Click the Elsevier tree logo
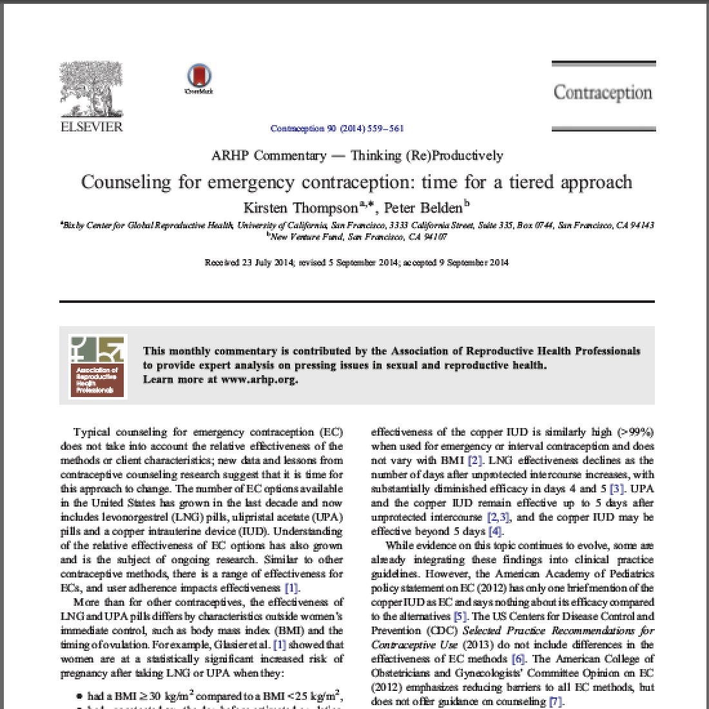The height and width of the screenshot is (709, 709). click(x=91, y=88)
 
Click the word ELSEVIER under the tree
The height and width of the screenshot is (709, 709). click(x=91, y=126)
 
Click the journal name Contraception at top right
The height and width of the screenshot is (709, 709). click(x=603, y=93)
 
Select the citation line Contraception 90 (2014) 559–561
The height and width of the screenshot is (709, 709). click(x=337, y=129)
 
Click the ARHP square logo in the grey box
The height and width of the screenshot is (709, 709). click(x=97, y=366)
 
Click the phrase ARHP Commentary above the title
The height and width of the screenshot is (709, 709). click(x=269, y=155)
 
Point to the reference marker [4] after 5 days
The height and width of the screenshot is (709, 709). click(x=495, y=531)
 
